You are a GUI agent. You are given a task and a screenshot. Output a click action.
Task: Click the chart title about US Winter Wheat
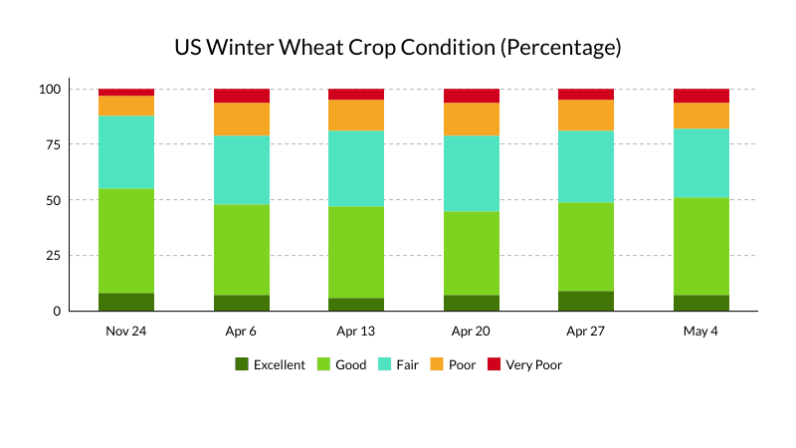(x=398, y=48)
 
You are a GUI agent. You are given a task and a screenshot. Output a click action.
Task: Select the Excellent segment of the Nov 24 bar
(x=126, y=303)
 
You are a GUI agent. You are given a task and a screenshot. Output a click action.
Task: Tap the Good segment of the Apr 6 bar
(x=242, y=250)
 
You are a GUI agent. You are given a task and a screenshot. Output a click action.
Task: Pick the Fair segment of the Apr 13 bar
(x=356, y=168)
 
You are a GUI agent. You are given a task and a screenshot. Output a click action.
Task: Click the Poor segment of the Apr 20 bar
(x=472, y=119)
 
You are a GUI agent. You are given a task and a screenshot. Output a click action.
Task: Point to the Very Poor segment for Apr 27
(x=586, y=95)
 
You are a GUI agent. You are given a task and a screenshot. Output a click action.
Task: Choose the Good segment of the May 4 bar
(x=701, y=246)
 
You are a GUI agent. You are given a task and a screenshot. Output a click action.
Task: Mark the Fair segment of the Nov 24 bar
(x=126, y=152)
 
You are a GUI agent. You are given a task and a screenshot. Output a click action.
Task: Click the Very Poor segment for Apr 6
(x=242, y=96)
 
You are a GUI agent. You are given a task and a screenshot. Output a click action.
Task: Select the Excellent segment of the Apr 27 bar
(x=586, y=302)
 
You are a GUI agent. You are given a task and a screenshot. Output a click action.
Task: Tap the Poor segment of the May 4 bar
(x=701, y=115)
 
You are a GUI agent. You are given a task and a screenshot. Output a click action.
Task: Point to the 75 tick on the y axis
(x=54, y=144)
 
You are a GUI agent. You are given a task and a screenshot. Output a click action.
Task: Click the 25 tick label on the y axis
(x=54, y=256)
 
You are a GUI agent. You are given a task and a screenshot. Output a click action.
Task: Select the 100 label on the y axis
(x=50, y=90)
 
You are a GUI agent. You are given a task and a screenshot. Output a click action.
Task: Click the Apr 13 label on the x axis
(x=356, y=332)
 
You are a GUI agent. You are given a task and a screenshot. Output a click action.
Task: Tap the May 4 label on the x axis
(x=700, y=332)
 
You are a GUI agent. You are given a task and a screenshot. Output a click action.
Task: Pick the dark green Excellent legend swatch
(x=242, y=364)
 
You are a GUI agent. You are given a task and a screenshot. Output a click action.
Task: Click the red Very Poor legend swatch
(x=494, y=364)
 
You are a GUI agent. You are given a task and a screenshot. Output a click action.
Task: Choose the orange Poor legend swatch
(x=437, y=364)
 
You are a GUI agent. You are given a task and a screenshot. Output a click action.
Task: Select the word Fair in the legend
(x=408, y=364)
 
